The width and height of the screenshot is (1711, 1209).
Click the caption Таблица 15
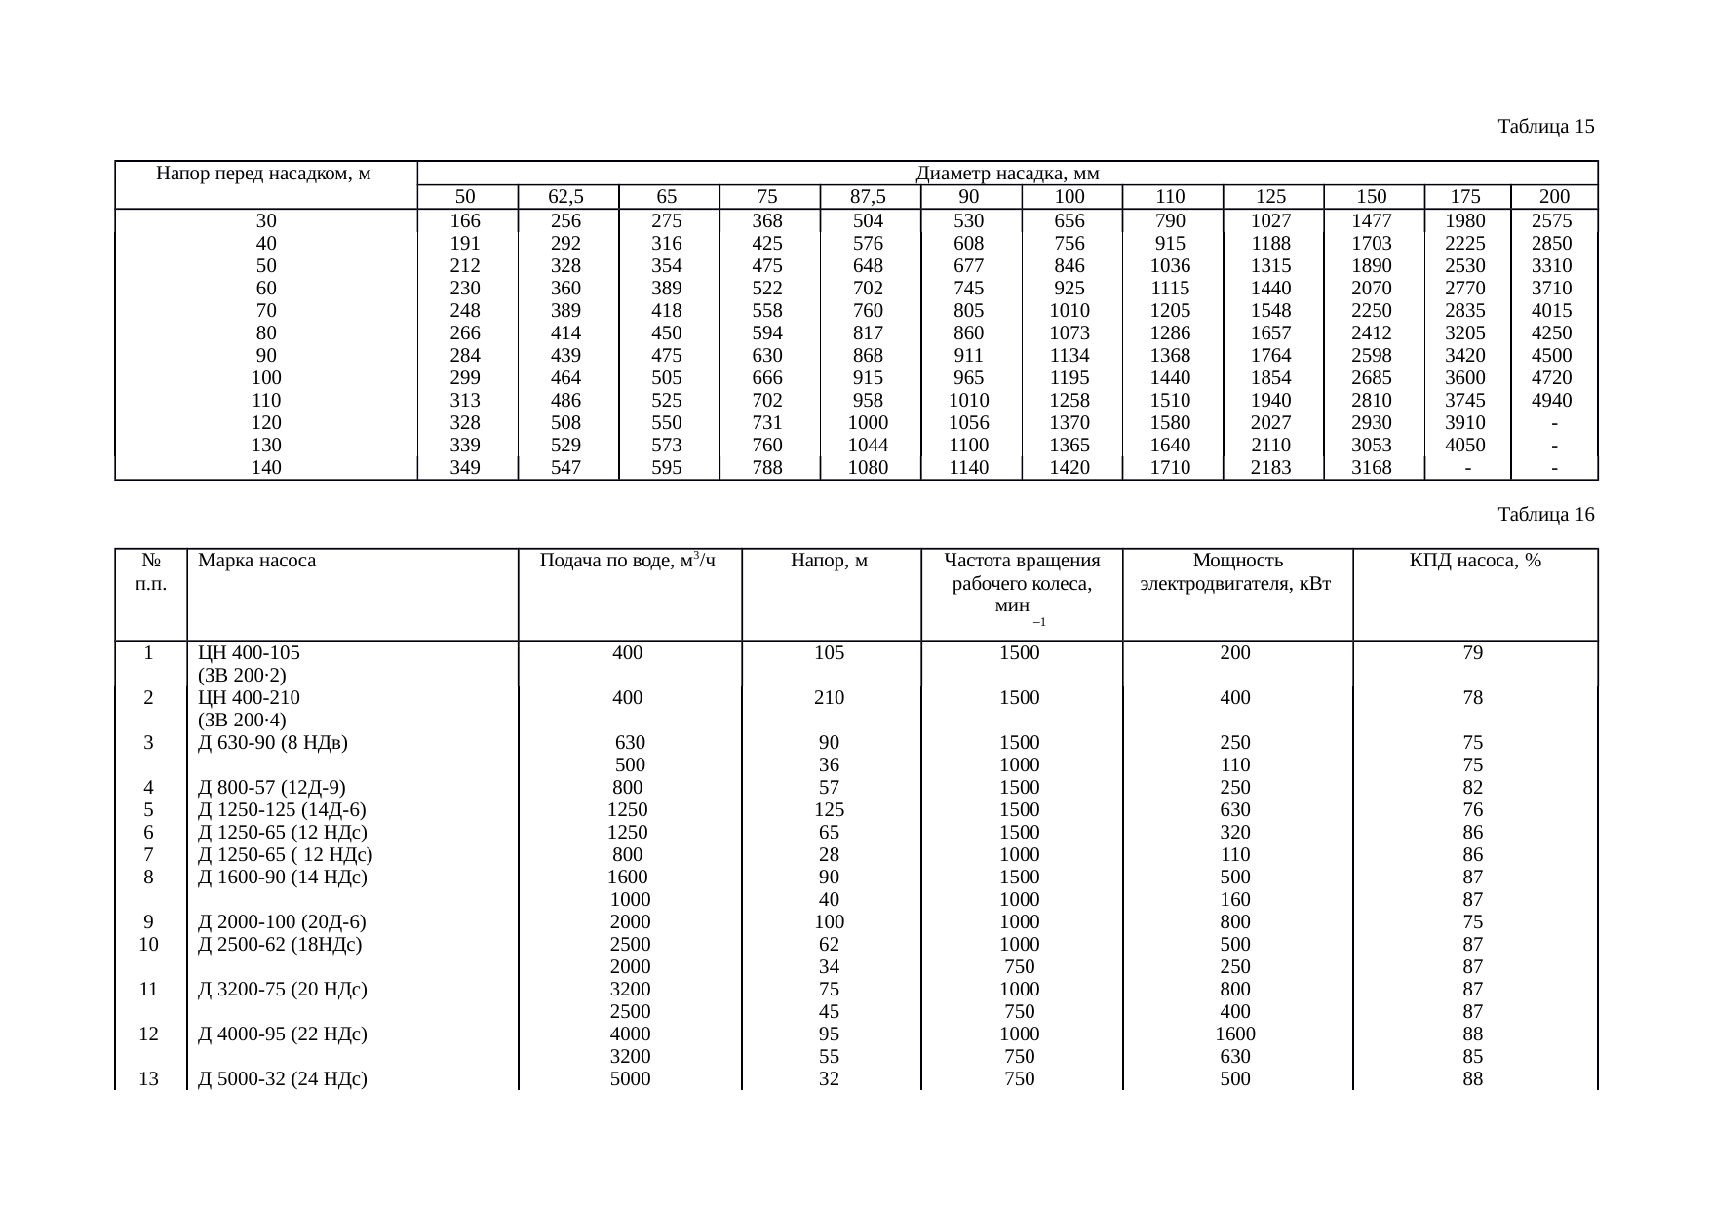pos(1545,127)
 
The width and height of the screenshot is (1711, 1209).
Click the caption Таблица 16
pos(1545,515)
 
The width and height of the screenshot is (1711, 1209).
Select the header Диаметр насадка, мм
pos(1007,175)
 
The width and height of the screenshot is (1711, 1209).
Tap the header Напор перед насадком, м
pos(265,175)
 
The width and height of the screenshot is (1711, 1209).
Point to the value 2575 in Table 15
pos(1553,221)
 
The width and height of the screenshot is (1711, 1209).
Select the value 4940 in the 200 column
pos(1553,401)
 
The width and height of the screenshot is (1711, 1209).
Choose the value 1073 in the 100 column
pos(1070,333)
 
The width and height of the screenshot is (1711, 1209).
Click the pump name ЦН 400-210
pos(249,698)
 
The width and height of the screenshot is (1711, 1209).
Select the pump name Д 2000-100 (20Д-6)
pos(282,922)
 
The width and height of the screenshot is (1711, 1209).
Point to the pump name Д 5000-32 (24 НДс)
pos(282,1079)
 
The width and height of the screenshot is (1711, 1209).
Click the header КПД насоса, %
pos(1474,562)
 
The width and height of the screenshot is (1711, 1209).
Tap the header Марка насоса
pos(256,562)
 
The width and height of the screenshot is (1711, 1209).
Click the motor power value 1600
pos(1235,1034)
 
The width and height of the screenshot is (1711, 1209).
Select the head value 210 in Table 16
pos(829,698)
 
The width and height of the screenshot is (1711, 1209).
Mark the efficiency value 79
pos(1473,653)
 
